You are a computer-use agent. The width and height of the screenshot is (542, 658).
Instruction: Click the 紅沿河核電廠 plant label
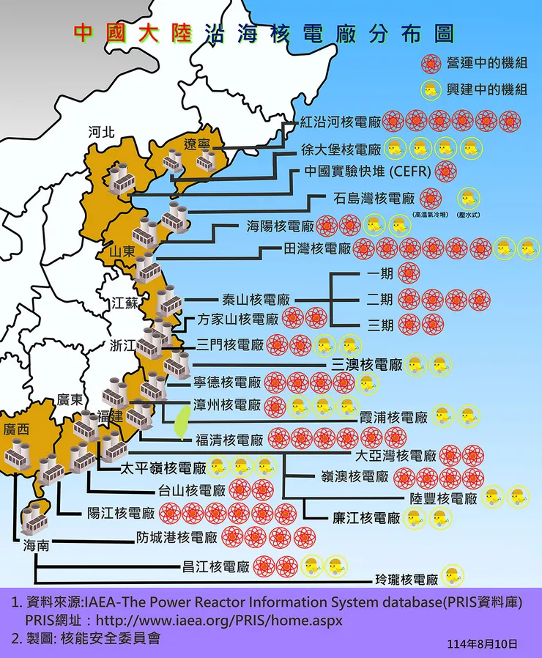[x=341, y=122]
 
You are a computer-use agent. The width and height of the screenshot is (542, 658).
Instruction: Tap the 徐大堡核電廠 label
[x=341, y=149]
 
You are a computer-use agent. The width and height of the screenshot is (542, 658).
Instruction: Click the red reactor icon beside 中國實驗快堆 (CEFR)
[x=445, y=172]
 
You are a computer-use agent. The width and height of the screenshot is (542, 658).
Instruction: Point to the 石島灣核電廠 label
[x=374, y=198]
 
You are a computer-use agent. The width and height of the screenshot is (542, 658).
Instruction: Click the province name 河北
[x=101, y=133]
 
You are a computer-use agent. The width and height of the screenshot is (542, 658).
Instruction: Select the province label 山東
[x=122, y=251]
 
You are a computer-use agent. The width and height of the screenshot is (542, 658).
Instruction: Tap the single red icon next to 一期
[x=410, y=275]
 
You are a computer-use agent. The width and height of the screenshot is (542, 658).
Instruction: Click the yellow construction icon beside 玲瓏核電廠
[x=451, y=577]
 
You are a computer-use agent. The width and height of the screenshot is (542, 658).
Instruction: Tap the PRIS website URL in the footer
[x=219, y=620]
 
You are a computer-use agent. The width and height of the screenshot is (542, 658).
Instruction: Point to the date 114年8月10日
[x=482, y=643]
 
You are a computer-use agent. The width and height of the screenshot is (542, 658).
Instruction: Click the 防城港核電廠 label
[x=177, y=537]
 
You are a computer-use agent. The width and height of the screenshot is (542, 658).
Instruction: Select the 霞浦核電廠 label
[x=393, y=418]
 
